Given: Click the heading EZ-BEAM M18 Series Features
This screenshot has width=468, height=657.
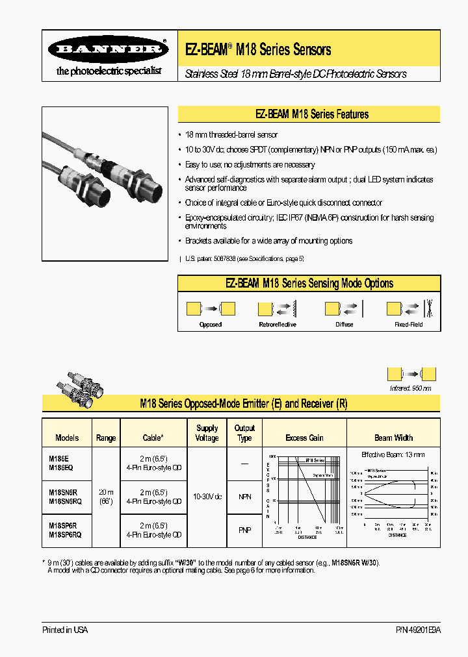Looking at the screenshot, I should [311, 114].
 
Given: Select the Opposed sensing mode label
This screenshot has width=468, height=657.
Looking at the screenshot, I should [210, 325].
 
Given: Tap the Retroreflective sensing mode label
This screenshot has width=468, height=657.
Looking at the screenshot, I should [277, 325].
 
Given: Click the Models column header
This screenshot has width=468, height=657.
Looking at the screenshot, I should [67, 438].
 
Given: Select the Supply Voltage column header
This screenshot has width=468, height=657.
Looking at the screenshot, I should [207, 433].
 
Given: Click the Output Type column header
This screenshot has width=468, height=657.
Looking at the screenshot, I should [244, 433].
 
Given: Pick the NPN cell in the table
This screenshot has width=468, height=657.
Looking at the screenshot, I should [244, 497].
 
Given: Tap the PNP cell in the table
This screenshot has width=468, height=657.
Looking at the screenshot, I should [244, 530].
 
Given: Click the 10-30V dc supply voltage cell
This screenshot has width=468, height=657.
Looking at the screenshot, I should [207, 497].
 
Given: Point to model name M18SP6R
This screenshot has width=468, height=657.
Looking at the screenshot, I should [63, 526].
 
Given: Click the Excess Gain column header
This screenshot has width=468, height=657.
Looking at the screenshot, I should [304, 438].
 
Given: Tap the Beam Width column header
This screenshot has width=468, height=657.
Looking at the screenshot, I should [393, 438].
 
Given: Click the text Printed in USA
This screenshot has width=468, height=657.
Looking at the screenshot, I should [65, 630].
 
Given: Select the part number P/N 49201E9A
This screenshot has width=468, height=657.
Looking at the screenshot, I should [417, 630].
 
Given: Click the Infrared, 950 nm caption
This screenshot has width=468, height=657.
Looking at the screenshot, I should [410, 388].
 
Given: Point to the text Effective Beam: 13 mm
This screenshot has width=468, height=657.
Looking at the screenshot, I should [393, 454].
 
